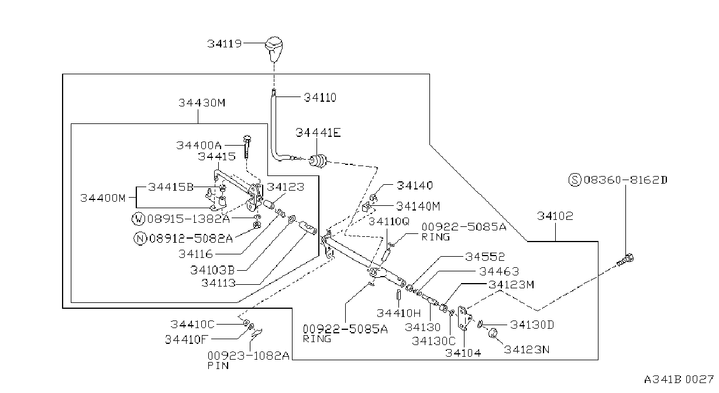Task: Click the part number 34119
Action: point(224,43)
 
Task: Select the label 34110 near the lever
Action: point(320,97)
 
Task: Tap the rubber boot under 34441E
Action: point(318,161)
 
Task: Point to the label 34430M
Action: point(202,103)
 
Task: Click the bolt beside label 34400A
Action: point(247,146)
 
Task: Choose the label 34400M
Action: point(103,198)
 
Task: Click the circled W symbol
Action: point(138,219)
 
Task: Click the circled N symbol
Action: point(140,239)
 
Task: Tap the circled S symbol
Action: point(574,180)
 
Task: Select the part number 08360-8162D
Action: point(625,180)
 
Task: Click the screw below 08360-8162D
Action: point(625,260)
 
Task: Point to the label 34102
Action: point(555,216)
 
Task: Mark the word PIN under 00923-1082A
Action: point(218,366)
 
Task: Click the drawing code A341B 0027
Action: point(679,380)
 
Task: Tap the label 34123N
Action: point(527,349)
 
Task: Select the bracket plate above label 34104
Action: point(465,318)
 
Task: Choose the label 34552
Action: point(484,257)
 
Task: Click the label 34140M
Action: point(418,206)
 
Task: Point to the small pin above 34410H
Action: point(398,294)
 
